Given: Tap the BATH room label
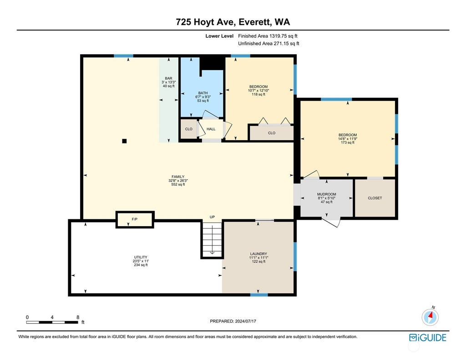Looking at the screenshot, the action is pyautogui.click(x=203, y=93).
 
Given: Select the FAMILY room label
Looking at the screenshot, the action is pyautogui.click(x=178, y=177).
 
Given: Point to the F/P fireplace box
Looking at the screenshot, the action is pyautogui.click(x=135, y=219).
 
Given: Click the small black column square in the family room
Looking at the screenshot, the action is pyautogui.click(x=125, y=141).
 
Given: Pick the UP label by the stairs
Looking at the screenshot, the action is pyautogui.click(x=212, y=217).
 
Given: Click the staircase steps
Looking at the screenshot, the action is pyautogui.click(x=212, y=240).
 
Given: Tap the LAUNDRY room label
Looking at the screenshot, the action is pyautogui.click(x=258, y=254).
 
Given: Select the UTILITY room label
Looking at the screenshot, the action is pyautogui.click(x=141, y=257).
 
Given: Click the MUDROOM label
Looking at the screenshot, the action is pyautogui.click(x=327, y=194).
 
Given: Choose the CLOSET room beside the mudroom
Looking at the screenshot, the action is pyautogui.click(x=375, y=198).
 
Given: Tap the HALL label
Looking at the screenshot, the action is pyautogui.click(x=211, y=129).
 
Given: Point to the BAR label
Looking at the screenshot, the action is pyautogui.click(x=168, y=78).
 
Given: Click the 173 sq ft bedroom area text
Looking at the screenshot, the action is pyautogui.click(x=348, y=142).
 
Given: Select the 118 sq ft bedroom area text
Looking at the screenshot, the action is pyautogui.click(x=258, y=94).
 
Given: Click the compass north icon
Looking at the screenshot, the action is pyautogui.click(x=430, y=317).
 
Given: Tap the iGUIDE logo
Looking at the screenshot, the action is pyautogui.click(x=428, y=338).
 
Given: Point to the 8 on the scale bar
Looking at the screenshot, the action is pyautogui.click(x=78, y=317).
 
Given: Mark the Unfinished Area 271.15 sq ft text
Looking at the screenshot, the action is pyautogui.click(x=268, y=43).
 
